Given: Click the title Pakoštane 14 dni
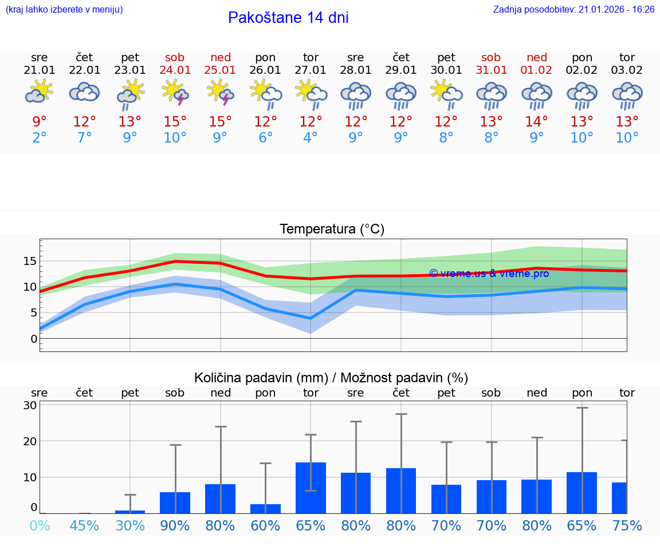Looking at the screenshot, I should click(x=288, y=18).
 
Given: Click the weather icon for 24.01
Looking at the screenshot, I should click(x=175, y=93).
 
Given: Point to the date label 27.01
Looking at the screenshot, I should click(x=311, y=70).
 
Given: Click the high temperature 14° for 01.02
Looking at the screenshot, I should click(x=537, y=122).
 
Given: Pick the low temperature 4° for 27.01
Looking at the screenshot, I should click(x=311, y=138).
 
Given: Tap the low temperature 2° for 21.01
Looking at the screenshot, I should click(x=40, y=138).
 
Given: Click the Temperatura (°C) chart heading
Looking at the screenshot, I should click(x=332, y=229).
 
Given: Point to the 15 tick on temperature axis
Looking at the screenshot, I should click(x=30, y=261).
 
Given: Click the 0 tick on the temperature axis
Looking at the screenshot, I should click(x=34, y=339).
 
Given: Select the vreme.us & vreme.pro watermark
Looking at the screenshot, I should click(x=489, y=274).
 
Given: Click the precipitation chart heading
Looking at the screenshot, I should click(x=331, y=378).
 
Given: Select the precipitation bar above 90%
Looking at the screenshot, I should click(x=175, y=502).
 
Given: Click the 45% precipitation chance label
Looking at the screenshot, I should click(x=85, y=526).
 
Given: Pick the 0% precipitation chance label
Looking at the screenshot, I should click(x=40, y=526).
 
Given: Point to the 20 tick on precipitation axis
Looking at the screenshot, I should click(x=30, y=441).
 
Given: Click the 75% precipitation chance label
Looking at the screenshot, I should click(x=627, y=526).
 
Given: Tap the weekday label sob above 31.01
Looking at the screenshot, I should click(x=491, y=58).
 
